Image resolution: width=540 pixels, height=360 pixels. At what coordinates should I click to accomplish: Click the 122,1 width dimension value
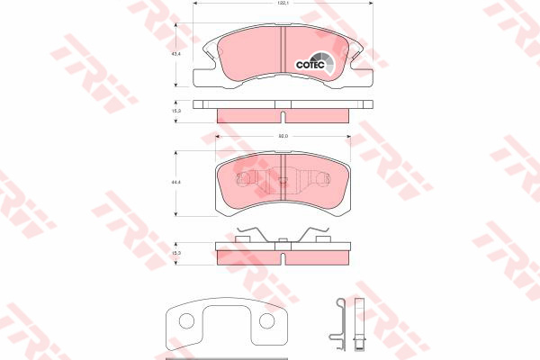point(283,4)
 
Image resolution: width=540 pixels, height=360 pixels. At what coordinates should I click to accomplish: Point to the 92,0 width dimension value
point(282,136)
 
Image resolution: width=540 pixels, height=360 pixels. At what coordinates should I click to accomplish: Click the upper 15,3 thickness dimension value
point(176,112)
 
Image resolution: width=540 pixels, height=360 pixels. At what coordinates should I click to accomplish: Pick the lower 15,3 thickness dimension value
point(176,255)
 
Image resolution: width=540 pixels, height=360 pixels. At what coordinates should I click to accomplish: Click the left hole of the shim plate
point(186,321)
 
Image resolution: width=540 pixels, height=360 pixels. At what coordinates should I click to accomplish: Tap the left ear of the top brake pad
point(203,61)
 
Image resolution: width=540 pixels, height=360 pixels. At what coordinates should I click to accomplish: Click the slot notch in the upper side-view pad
point(283,115)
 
